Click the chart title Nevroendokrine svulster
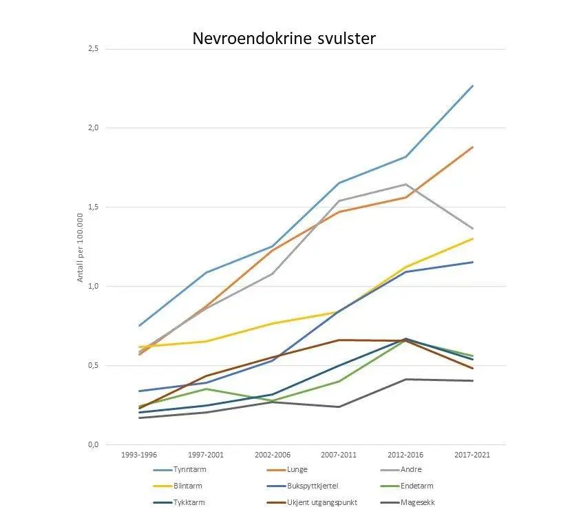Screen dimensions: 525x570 284,39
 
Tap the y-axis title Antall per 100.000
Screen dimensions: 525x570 80,247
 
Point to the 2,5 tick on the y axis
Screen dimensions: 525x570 93,49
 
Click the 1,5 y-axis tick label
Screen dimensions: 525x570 93,207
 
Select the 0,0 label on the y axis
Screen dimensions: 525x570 93,444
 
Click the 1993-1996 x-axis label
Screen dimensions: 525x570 138,455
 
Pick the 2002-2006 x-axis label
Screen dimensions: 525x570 273,455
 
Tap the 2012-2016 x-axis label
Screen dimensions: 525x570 405,455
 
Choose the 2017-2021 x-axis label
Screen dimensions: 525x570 472,455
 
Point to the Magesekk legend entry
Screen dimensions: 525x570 417,502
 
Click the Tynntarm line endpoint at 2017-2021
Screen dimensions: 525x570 472,85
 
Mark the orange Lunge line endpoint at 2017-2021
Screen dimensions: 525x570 472,147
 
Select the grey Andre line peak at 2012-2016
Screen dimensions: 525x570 405,184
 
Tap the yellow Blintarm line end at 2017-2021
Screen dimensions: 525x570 472,238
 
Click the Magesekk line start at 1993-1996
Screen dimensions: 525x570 139,418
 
